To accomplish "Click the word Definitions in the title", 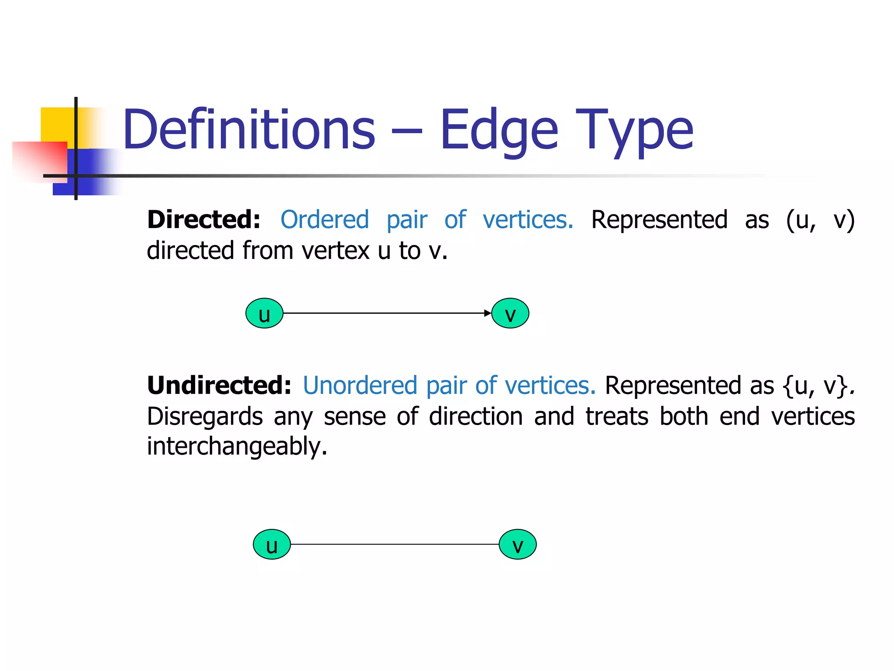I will tap(249, 130).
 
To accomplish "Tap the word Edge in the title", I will tap(499, 130).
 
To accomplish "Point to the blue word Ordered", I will tap(325, 219).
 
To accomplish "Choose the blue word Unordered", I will tap(360, 385).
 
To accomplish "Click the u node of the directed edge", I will tap(265, 313).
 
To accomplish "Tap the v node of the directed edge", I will tap(510, 313).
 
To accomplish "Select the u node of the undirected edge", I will tap(272, 544).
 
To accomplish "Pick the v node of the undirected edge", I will tap(518, 544).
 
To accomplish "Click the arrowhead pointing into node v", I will tap(488, 313).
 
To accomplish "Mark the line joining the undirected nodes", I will tap(395, 544).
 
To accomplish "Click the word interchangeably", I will tap(237, 446).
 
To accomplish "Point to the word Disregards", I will tap(205, 416).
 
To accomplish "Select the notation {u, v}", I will tap(815, 386).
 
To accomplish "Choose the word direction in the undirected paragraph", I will tap(476, 416).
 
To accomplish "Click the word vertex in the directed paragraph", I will tap(336, 251).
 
